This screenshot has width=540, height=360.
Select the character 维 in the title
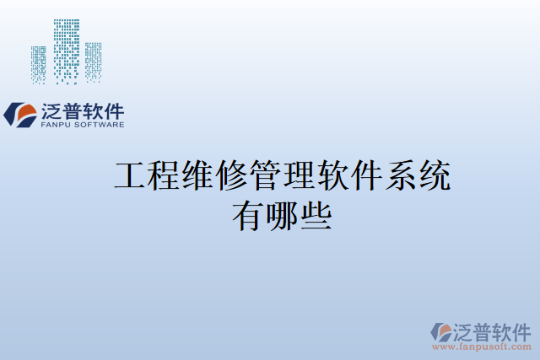(197, 177)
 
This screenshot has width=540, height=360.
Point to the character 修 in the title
(231, 177)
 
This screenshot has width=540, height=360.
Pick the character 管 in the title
(265, 177)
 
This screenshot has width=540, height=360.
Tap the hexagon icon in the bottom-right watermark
(441, 331)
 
